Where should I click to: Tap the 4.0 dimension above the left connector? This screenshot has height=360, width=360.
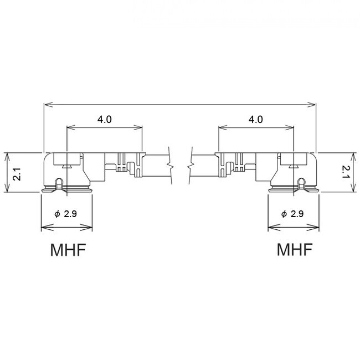coord(105,119)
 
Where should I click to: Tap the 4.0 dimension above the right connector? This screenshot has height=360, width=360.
coord(256,119)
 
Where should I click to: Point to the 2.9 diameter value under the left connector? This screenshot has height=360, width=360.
coord(70,214)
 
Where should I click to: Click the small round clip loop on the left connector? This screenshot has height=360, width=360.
coord(59,182)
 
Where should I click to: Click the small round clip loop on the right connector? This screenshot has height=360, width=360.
coord(301,182)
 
